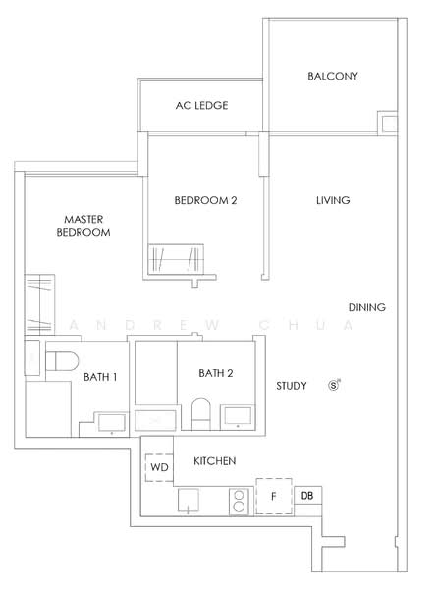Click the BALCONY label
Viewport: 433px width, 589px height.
click(332, 76)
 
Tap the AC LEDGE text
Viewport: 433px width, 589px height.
click(202, 104)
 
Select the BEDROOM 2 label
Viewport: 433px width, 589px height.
click(205, 200)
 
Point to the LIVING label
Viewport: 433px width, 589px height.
click(333, 200)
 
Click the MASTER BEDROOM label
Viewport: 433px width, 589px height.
click(82, 225)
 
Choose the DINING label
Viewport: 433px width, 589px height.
click(365, 307)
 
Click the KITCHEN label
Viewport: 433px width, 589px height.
click(213, 461)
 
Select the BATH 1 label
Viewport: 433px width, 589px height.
click(101, 377)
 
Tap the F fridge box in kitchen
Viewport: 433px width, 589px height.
click(274, 497)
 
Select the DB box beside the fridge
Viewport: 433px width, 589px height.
click(307, 497)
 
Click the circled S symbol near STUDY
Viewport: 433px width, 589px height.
click(334, 385)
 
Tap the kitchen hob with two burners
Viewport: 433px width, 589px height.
click(239, 502)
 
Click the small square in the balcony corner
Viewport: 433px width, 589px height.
click(388, 125)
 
